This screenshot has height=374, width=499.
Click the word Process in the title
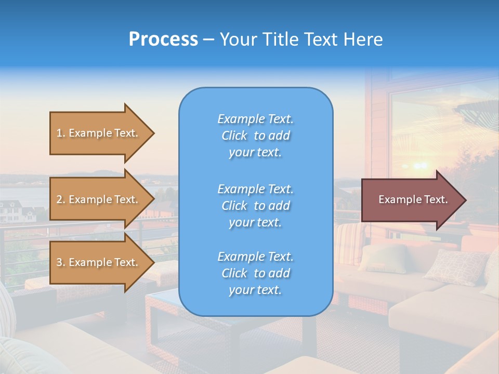[163, 39]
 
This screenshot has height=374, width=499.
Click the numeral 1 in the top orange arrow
[59, 133]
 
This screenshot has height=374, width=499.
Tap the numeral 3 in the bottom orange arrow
[59, 262]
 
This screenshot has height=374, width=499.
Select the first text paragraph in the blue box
[255, 136]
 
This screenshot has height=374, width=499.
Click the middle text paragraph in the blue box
[255, 205]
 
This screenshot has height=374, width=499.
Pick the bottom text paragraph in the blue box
[255, 273]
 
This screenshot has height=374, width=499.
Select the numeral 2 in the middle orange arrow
[59, 199]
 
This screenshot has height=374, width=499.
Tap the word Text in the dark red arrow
[436, 199]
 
